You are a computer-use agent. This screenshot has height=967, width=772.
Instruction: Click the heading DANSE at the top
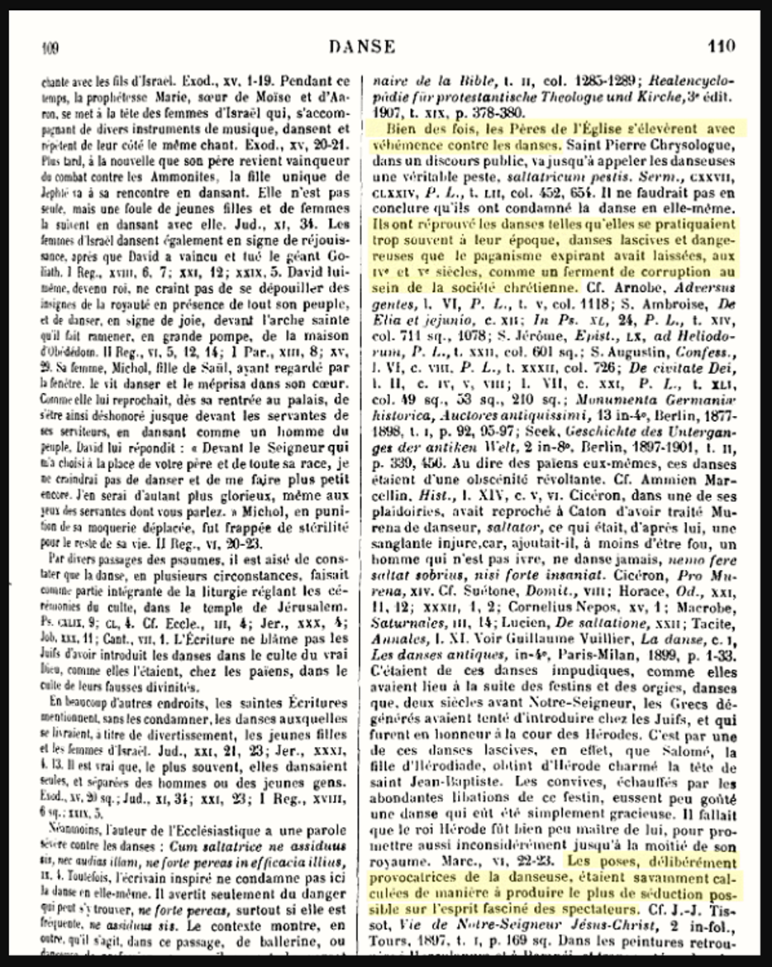pyautogui.click(x=361, y=46)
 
